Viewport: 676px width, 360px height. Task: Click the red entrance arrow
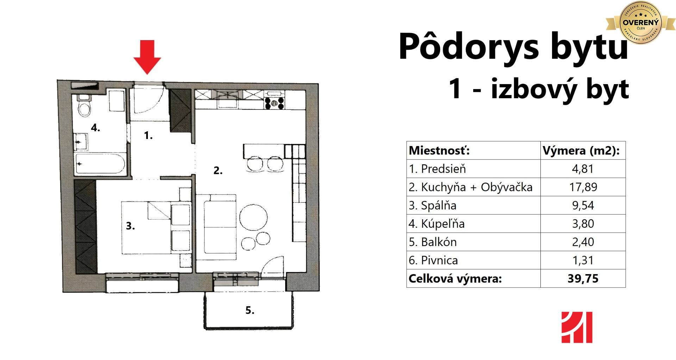tap(147, 57)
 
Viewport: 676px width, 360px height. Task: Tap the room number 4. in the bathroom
tap(95, 128)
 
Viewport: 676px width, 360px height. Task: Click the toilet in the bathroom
tap(84, 105)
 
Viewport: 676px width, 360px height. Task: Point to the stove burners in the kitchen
tap(275, 102)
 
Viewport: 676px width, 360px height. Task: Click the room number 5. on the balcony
tap(250, 310)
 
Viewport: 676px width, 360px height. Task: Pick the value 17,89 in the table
tap(583, 187)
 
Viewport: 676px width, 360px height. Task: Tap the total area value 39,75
tap(583, 278)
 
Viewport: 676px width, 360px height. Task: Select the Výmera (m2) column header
tap(581, 151)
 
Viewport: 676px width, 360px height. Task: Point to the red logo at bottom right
tap(577, 327)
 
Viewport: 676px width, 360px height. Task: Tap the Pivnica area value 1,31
tap(583, 260)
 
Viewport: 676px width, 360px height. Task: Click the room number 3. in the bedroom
tap(130, 226)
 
